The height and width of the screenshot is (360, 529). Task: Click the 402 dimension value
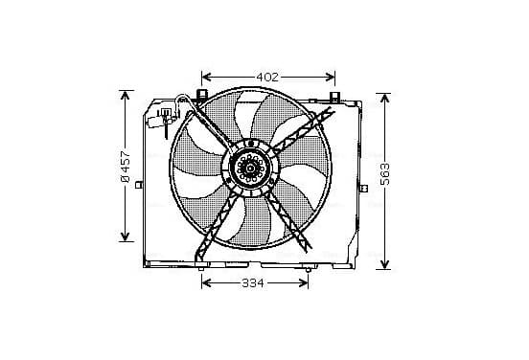coord(267,78)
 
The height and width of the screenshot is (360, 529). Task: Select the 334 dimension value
coord(253,283)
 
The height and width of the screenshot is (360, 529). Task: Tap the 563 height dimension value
coord(384,174)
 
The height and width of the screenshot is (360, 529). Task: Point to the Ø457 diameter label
coord(126,166)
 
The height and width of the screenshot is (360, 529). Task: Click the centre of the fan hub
coord(250,168)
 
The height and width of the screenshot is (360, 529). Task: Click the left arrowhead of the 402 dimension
coord(206,78)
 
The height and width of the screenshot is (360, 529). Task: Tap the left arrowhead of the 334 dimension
coord(206,283)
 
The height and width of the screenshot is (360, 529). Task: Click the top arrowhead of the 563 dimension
coord(384,98)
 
